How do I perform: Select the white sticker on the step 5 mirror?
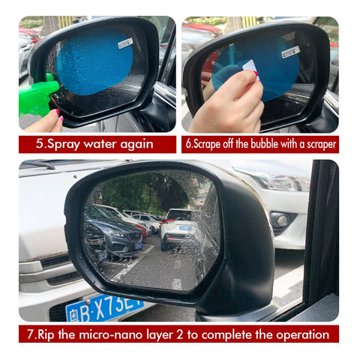tap(125, 43)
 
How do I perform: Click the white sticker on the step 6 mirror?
tap(290, 51)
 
